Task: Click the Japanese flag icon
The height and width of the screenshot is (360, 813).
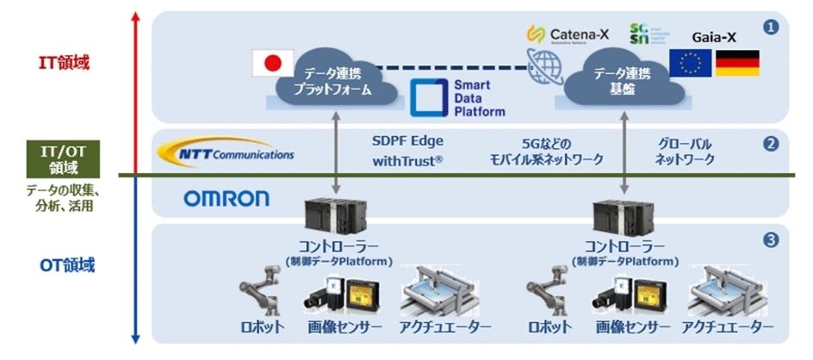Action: pyautogui.click(x=271, y=63)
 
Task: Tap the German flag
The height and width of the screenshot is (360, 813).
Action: pyautogui.click(x=738, y=63)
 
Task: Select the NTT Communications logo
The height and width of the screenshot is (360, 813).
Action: pyautogui.click(x=227, y=153)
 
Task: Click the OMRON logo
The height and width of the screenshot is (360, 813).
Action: pyautogui.click(x=227, y=200)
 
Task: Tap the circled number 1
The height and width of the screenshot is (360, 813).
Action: pyautogui.click(x=771, y=28)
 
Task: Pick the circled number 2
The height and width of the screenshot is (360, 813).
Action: pyautogui.click(x=771, y=144)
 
